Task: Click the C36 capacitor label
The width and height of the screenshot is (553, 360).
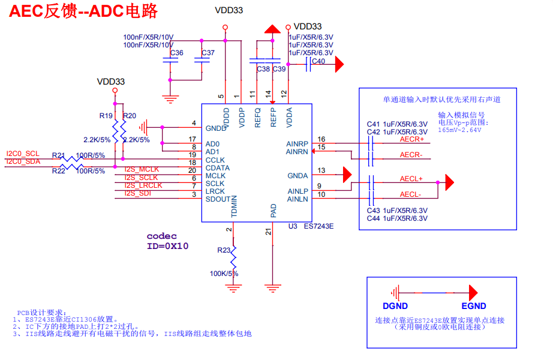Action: pyautogui.click(x=177, y=53)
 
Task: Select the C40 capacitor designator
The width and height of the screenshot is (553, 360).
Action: pyautogui.click(x=318, y=61)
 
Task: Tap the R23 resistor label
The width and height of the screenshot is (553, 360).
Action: pyautogui.click(x=224, y=250)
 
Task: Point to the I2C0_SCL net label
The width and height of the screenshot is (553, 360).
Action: pyautogui.click(x=23, y=154)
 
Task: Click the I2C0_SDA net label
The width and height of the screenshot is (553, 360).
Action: pyautogui.click(x=23, y=162)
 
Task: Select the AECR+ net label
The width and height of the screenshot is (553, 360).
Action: pyautogui.click(x=411, y=139)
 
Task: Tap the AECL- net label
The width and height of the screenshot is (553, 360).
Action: pyautogui.click(x=411, y=194)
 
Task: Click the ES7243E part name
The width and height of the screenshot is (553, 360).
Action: pyautogui.click(x=318, y=226)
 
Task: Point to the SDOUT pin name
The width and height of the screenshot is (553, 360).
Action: pyautogui.click(x=217, y=199)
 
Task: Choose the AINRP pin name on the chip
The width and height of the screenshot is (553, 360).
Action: pyautogui.click(x=297, y=144)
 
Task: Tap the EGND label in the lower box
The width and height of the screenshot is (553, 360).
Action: pyautogui.click(x=474, y=306)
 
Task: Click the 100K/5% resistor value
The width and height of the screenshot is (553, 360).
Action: pyautogui.click(x=224, y=274)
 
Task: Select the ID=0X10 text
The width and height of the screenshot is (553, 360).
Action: pyautogui.click(x=168, y=246)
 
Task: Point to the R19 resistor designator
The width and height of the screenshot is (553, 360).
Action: pyautogui.click(x=106, y=116)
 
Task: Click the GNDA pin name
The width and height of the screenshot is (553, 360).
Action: pyautogui.click(x=297, y=176)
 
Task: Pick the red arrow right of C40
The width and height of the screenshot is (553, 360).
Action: pyautogui.click(x=339, y=63)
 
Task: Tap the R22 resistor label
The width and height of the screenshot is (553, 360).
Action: pyautogui.click(x=58, y=171)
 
